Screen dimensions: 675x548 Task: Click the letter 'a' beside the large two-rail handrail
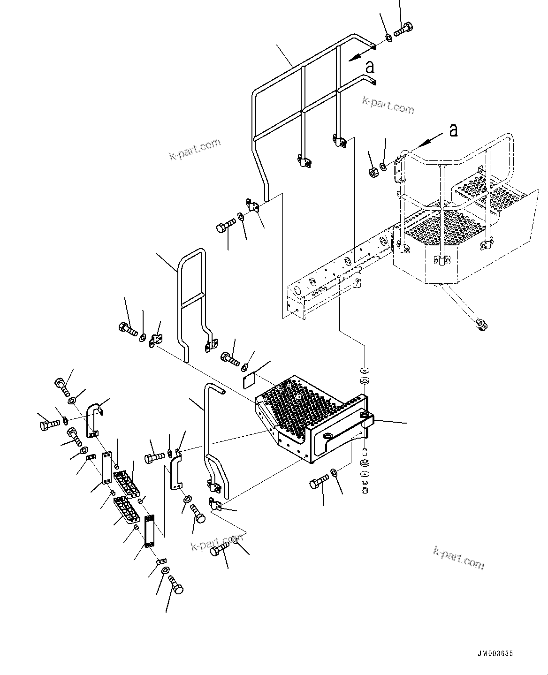(370, 67)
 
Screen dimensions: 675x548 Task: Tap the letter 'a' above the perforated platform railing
(453, 130)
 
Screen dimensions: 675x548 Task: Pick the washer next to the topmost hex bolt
(389, 37)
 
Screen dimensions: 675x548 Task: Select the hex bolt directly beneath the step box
(320, 483)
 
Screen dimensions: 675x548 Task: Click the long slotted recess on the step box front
(338, 436)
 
